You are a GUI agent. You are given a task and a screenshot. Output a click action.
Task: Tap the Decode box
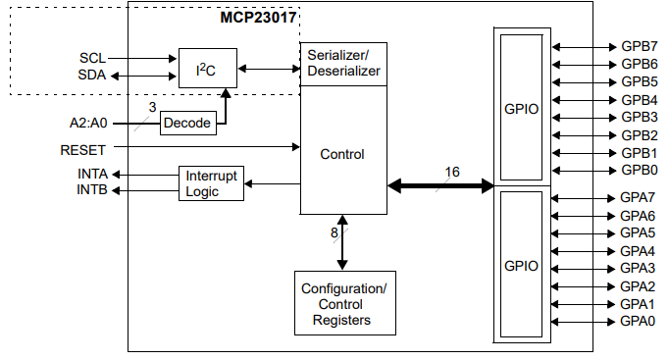coord(187,123)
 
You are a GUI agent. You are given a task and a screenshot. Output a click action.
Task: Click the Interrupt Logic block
coord(211,183)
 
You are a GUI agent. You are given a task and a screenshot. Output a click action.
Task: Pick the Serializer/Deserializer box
coord(342,64)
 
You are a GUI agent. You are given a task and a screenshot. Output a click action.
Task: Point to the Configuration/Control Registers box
coord(343,304)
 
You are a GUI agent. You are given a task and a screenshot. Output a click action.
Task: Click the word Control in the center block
coord(342,154)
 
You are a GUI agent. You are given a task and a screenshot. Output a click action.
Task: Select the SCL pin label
coord(92,57)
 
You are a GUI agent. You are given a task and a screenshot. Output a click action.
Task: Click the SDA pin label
coord(92,75)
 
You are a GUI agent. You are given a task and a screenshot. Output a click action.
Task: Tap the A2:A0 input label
coord(89,124)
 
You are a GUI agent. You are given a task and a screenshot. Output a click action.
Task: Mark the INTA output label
coord(92,174)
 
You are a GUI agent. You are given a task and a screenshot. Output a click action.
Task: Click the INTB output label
coord(92,189)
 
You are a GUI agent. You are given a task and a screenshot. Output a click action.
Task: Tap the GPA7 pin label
coord(638,197)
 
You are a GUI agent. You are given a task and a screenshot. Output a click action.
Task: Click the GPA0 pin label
coord(638,321)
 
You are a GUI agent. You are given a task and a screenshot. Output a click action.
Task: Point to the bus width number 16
coord(451,172)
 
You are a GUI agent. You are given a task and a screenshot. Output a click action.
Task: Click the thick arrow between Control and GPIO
coord(441,185)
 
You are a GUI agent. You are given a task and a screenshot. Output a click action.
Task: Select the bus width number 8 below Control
coord(334,233)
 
